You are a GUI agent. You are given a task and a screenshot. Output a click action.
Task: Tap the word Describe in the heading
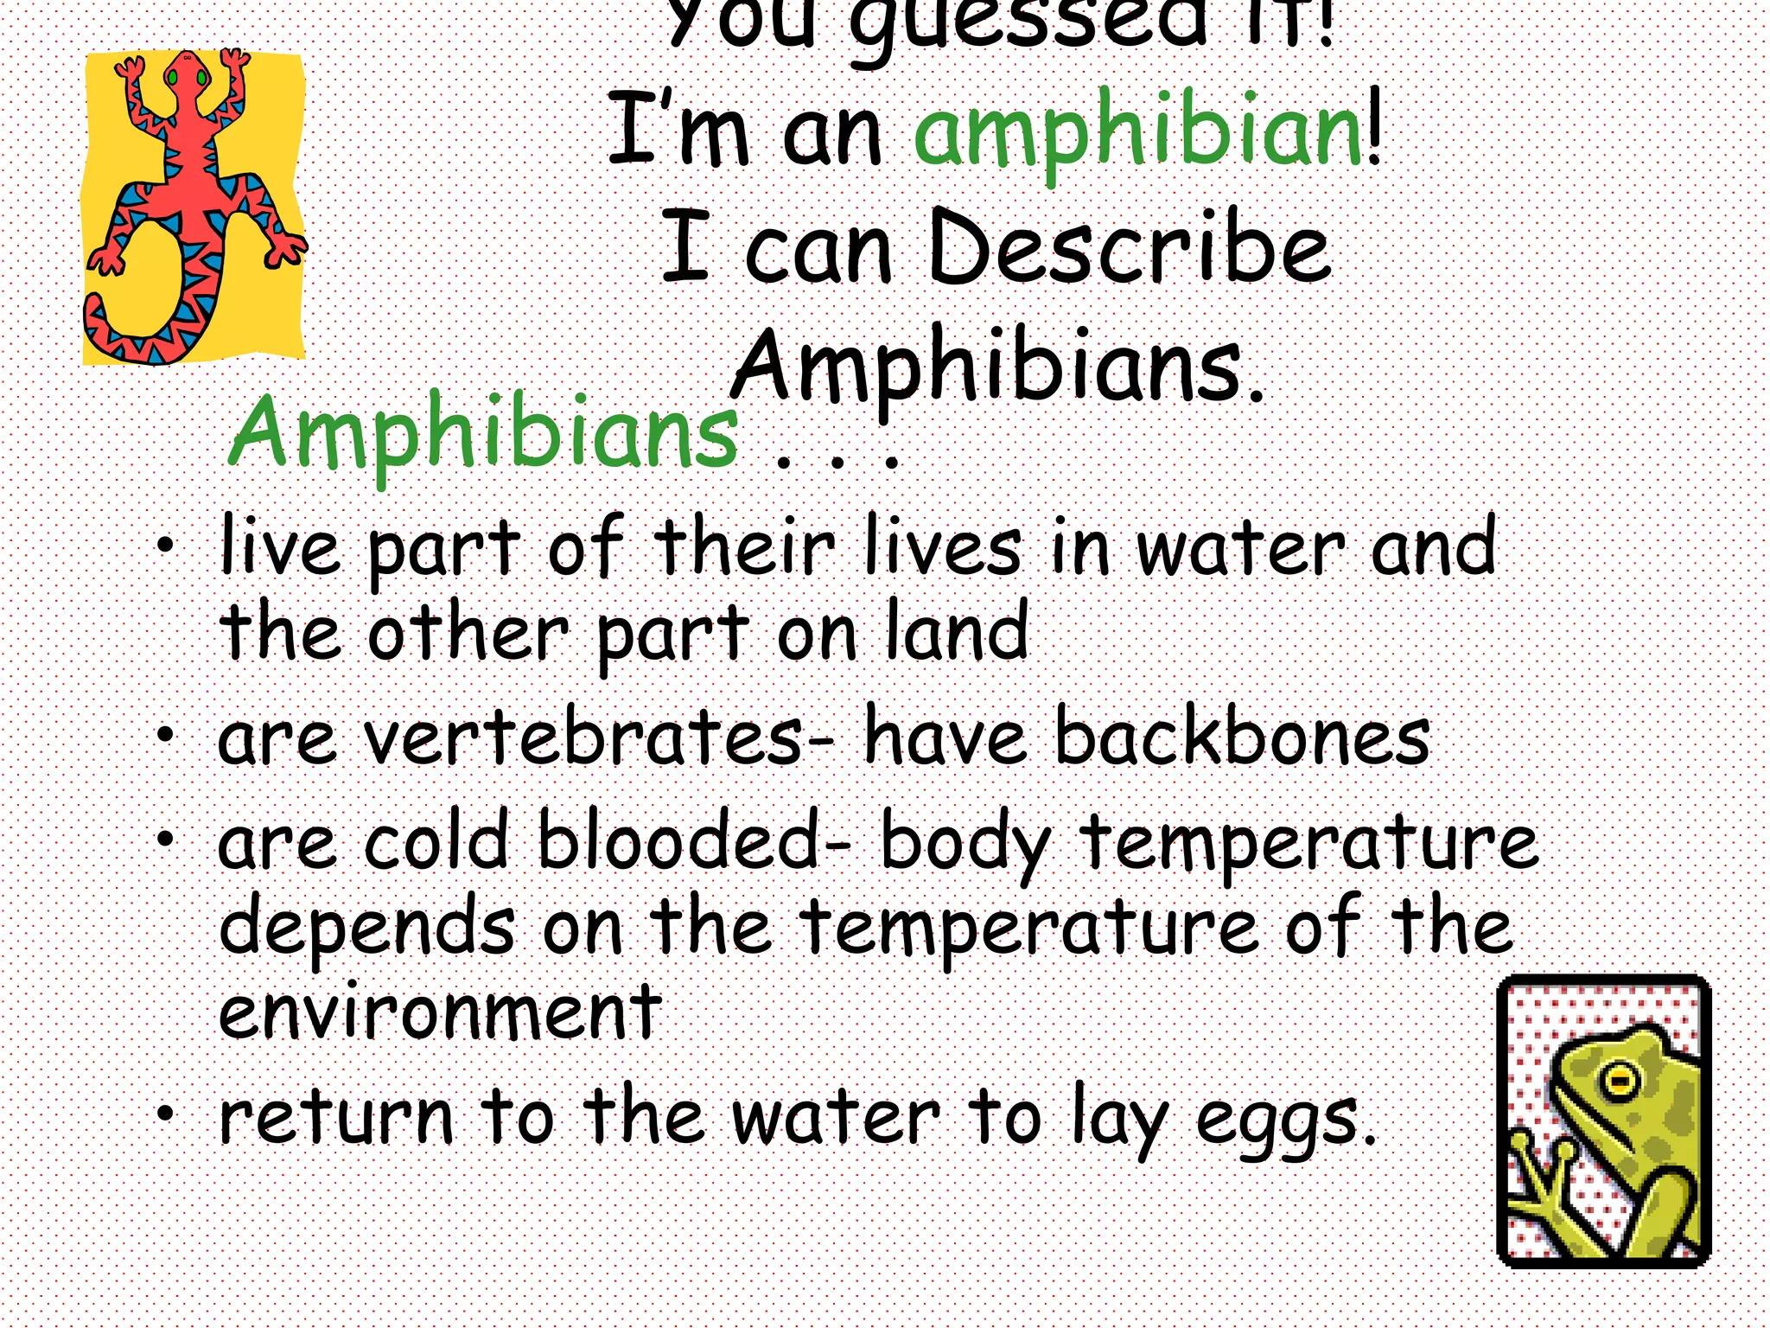tap(1129, 248)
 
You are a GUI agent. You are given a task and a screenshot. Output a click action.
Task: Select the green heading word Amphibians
tap(483, 431)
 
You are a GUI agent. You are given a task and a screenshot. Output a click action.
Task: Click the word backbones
tap(1242, 739)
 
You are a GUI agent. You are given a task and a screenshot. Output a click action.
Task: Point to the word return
tap(336, 1117)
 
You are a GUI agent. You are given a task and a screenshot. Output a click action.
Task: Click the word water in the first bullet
tap(1239, 549)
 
